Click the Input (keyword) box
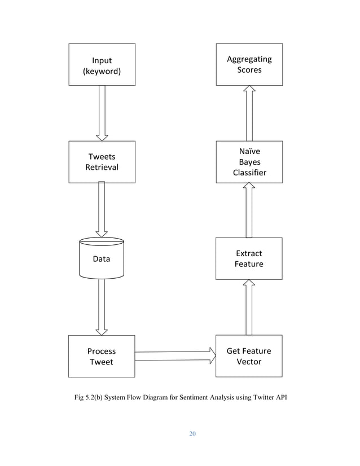(102, 64)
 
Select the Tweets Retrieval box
(102, 162)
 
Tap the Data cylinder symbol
(102, 259)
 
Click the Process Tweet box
(102, 356)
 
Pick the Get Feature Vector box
(249, 356)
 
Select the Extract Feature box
(249, 258)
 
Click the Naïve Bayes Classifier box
(249, 162)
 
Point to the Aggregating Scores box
(249, 64)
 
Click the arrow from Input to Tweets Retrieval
(102, 113)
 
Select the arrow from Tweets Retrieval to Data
(102, 209)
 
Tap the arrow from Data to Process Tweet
(102, 307)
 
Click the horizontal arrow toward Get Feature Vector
(175, 355)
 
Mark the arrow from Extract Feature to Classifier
(249, 210)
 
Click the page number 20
(192, 434)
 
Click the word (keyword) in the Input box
(102, 71)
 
